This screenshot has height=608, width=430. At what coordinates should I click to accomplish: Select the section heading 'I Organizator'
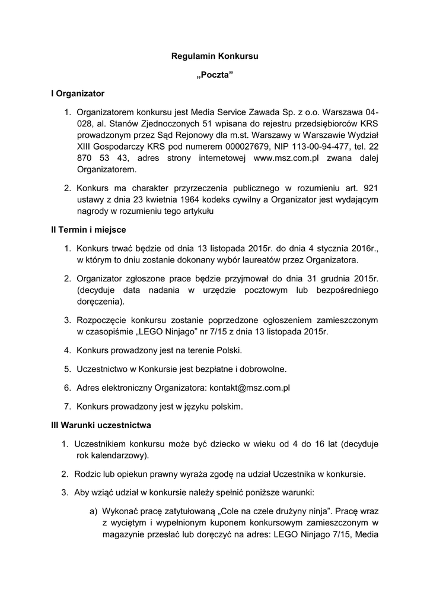pyautogui.click(x=78, y=93)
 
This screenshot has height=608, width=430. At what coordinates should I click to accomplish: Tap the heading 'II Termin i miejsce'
pyautogui.click(x=88, y=229)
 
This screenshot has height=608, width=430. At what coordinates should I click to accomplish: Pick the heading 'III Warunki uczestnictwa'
pyautogui.click(x=101, y=425)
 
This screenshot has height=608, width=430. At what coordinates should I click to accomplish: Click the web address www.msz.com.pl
pyautogui.click(x=286, y=157)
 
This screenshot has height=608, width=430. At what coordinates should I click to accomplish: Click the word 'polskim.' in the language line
pyautogui.click(x=225, y=407)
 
